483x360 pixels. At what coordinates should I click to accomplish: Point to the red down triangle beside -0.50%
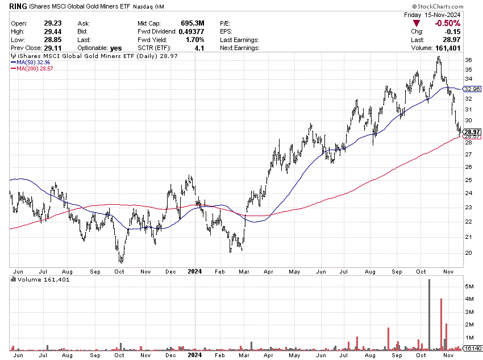click(x=417, y=23)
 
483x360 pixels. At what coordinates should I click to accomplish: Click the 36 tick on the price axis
click(x=468, y=60)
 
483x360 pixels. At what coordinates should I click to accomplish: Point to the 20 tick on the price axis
click(x=468, y=253)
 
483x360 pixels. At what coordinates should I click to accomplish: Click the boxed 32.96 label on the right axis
click(x=472, y=89)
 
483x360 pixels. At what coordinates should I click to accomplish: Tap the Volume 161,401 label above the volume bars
click(x=35, y=279)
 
